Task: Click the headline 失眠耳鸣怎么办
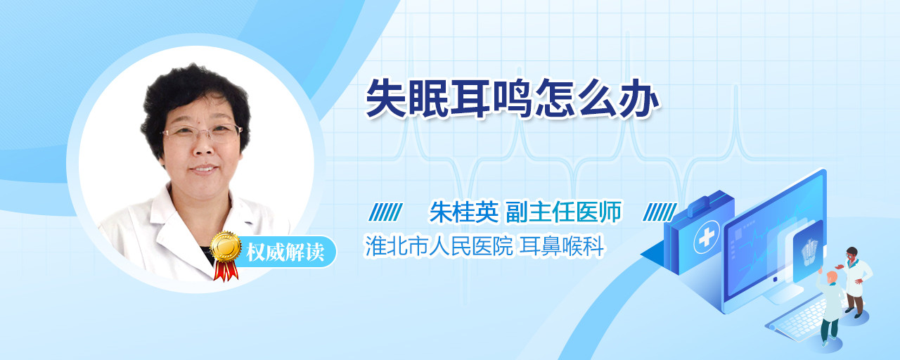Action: click(513, 98)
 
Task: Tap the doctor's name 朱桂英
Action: click(464, 212)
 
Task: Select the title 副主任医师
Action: click(564, 212)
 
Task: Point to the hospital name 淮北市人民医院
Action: click(439, 246)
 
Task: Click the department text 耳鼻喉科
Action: click(562, 246)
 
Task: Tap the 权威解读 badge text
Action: click(285, 252)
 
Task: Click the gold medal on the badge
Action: click(226, 246)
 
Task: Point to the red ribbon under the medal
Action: click(226, 270)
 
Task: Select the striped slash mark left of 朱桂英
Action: click(386, 212)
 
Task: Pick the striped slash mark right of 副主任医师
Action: click(660, 212)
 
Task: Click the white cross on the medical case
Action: click(707, 237)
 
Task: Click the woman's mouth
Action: click(204, 169)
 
